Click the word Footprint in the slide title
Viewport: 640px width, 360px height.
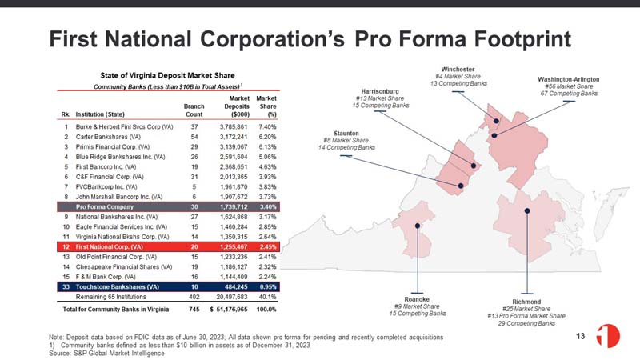point(522,39)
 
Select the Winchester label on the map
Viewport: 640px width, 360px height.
point(458,70)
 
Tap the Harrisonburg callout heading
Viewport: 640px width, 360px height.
point(380,91)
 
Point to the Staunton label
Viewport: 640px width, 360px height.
point(346,134)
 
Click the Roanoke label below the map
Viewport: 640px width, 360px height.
point(417,299)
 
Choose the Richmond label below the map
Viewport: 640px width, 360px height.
point(526,302)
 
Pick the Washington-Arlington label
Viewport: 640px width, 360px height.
point(569,79)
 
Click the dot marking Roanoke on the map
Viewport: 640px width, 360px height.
point(418,226)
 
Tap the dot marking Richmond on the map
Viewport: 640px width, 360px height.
point(527,210)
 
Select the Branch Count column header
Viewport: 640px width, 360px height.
point(194,110)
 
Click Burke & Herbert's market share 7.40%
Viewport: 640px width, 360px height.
point(267,127)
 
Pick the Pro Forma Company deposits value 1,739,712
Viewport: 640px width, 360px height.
point(234,207)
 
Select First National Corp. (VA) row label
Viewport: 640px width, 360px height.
point(109,247)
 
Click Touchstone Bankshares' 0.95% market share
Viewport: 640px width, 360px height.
point(268,287)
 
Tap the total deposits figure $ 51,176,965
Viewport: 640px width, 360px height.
point(229,310)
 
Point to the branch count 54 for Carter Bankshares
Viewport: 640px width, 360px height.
point(194,137)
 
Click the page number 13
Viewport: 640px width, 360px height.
point(581,336)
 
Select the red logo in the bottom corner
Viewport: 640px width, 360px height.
point(608,336)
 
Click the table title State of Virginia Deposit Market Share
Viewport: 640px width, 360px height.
point(167,75)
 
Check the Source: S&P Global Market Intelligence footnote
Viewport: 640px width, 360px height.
point(106,353)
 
